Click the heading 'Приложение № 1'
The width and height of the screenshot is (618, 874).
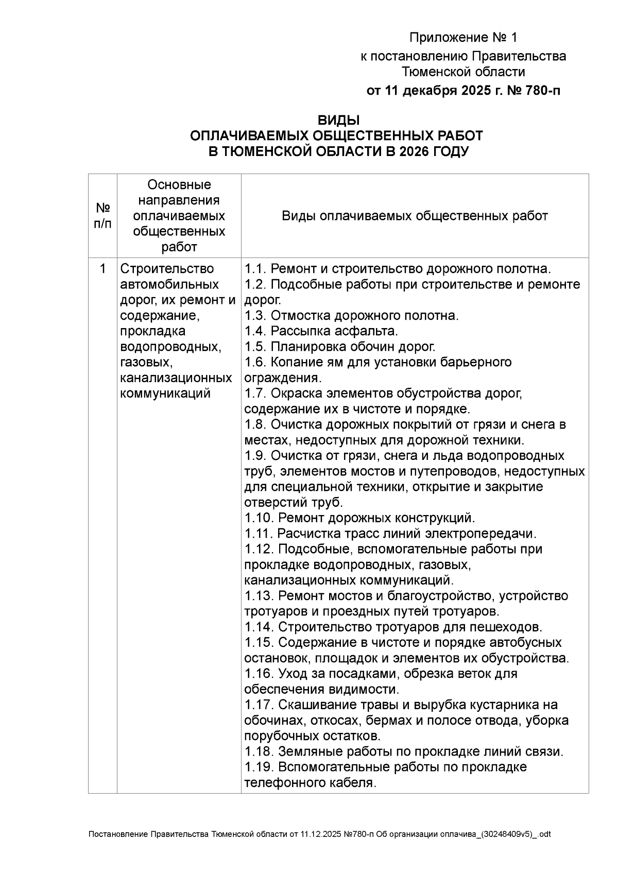[x=462, y=38]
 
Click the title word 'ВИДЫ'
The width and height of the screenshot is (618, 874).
[x=338, y=121]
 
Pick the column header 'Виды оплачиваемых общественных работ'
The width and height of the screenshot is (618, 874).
[x=415, y=216]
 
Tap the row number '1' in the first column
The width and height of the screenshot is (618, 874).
[x=103, y=269]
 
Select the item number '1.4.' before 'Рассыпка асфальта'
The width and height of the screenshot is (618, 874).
[x=255, y=331]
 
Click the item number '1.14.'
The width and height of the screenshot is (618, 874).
[x=259, y=627]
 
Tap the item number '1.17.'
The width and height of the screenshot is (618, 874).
[x=259, y=705]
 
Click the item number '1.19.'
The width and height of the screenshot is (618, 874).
[x=259, y=767]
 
